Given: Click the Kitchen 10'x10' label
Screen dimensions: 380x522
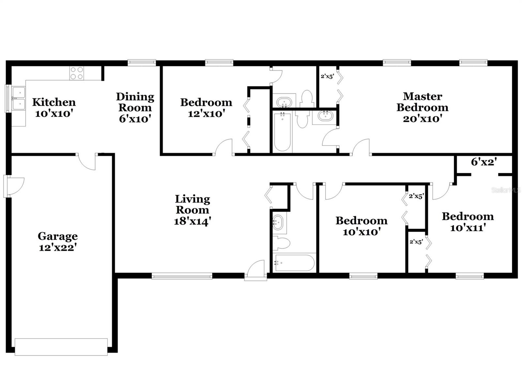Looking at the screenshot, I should [x=54, y=107].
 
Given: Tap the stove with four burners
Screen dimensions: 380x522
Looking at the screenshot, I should [x=77, y=73].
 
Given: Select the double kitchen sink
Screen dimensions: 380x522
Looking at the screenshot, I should [x=19, y=99].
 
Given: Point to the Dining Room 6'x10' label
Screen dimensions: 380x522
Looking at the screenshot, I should [x=135, y=107].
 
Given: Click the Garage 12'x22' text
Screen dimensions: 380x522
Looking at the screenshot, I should [x=57, y=241].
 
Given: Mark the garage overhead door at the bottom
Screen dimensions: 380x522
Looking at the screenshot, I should [x=61, y=347].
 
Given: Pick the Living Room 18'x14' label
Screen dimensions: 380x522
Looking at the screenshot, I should [x=192, y=210].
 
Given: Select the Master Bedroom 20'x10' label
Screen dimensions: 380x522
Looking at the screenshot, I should [x=422, y=107].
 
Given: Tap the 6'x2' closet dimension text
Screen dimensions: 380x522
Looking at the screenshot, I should [x=484, y=161].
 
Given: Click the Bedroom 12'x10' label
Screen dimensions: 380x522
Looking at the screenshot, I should [x=206, y=107].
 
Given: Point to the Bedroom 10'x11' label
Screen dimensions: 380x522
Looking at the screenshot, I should [x=468, y=222].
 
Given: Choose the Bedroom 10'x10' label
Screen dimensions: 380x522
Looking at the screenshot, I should [x=361, y=226].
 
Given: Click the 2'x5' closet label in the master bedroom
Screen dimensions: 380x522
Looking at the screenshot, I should [x=327, y=76].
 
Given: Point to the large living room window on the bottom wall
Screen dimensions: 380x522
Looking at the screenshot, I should [x=182, y=276].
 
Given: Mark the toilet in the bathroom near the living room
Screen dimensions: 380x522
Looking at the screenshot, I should [x=282, y=243].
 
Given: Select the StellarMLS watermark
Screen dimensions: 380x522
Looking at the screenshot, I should [x=506, y=190].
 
